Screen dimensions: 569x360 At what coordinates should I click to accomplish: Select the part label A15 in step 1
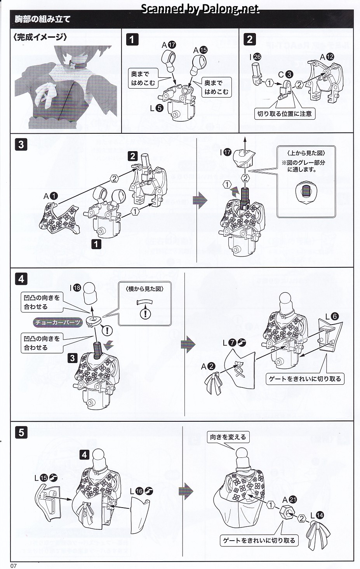[x=200, y=50]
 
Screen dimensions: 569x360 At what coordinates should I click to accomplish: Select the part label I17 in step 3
[x=225, y=152]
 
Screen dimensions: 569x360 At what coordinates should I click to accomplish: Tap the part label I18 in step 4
[x=75, y=288]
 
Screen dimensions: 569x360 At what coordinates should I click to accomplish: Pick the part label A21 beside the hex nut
[x=290, y=500]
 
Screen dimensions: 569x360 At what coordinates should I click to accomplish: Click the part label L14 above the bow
[x=317, y=516]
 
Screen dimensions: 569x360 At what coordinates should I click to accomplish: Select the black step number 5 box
[x=21, y=433]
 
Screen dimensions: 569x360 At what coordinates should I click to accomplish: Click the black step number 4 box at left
[x=21, y=279]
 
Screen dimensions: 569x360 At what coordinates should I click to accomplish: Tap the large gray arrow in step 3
[x=200, y=201]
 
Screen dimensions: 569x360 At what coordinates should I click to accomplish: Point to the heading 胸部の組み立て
[x=43, y=19]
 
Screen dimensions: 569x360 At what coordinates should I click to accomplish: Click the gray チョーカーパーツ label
[x=58, y=322]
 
